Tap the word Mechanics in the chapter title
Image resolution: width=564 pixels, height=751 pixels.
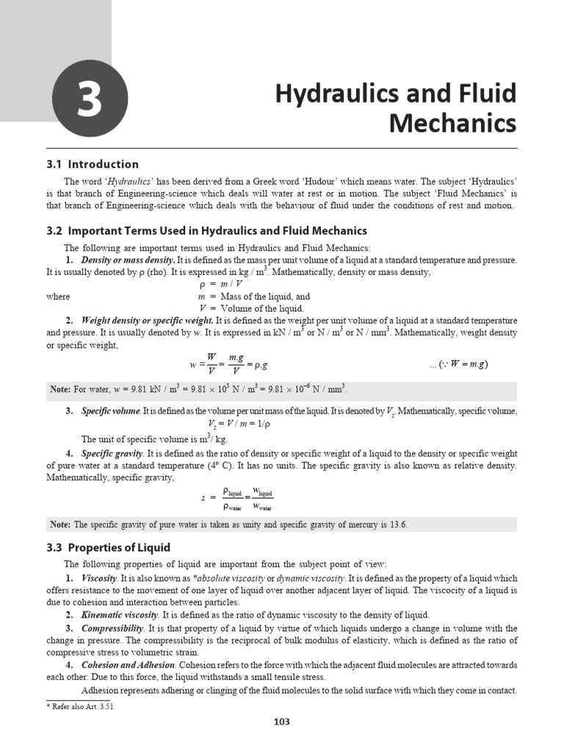452,123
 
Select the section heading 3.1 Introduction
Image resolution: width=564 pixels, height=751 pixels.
93,164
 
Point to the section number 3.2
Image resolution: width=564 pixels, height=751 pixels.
55,230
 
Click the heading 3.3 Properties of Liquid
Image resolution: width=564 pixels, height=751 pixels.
108,547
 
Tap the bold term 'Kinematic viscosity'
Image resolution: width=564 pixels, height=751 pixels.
120,615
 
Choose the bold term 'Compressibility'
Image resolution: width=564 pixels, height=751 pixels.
112,629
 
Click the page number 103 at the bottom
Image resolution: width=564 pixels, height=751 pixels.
282,722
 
